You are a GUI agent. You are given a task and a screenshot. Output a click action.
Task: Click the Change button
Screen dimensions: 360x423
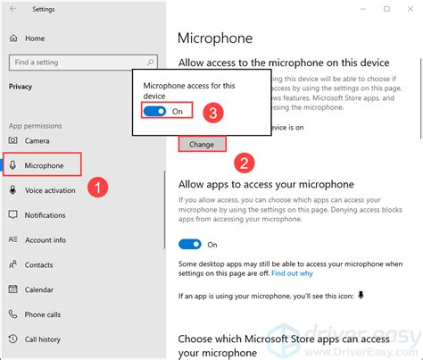click(x=201, y=142)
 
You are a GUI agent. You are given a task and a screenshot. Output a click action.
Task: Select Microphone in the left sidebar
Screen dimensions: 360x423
click(x=44, y=165)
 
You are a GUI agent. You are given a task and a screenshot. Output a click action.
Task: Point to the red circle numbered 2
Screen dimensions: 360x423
click(x=242, y=163)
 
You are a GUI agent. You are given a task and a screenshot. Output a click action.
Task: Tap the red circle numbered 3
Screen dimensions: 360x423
click(x=212, y=113)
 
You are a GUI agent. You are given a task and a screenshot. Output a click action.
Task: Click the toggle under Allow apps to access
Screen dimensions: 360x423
click(x=189, y=244)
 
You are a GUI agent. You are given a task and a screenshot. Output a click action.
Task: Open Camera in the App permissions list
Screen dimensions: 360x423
click(x=37, y=140)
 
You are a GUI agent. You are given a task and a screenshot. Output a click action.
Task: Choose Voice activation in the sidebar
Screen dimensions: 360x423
click(x=50, y=190)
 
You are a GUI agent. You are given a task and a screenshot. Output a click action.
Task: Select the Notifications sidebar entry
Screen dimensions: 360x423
click(x=45, y=215)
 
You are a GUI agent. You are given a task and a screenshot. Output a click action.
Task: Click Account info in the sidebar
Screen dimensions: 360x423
click(x=45, y=240)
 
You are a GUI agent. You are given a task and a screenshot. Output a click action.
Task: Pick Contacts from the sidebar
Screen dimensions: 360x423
click(x=38, y=265)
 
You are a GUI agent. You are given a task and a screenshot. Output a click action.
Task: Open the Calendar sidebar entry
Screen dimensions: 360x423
click(x=38, y=290)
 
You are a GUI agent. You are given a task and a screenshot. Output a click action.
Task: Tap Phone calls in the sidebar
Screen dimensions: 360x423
click(x=42, y=315)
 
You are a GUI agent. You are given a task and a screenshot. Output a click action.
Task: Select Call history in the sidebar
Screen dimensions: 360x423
click(x=43, y=340)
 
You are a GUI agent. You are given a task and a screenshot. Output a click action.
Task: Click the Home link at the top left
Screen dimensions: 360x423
click(x=34, y=38)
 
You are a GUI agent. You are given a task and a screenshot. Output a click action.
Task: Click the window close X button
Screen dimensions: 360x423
click(x=411, y=9)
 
